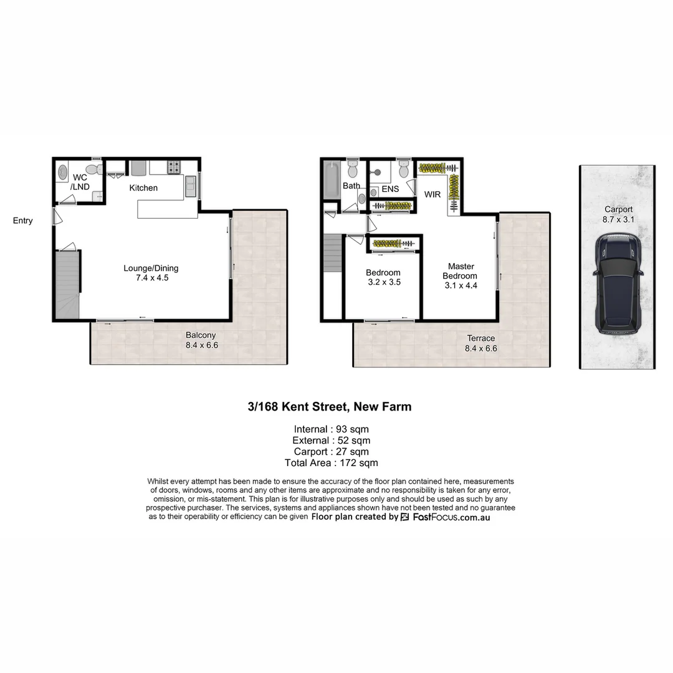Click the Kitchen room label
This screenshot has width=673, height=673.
coord(143,188)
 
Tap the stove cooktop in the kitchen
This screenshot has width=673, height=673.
coord(174,167)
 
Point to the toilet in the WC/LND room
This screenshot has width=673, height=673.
coord(93,169)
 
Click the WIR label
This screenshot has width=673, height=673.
coord(432,194)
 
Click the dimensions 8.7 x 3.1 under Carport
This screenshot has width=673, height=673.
coord(618,219)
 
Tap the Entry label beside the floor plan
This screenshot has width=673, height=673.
coord(22,221)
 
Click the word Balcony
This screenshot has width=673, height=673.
coord(201,335)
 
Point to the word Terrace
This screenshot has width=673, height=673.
coord(481,338)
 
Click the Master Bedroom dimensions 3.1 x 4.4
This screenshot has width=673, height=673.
coord(461,285)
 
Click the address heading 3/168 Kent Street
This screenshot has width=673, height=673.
coord(329,407)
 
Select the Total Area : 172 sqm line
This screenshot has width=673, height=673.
coord(332,463)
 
